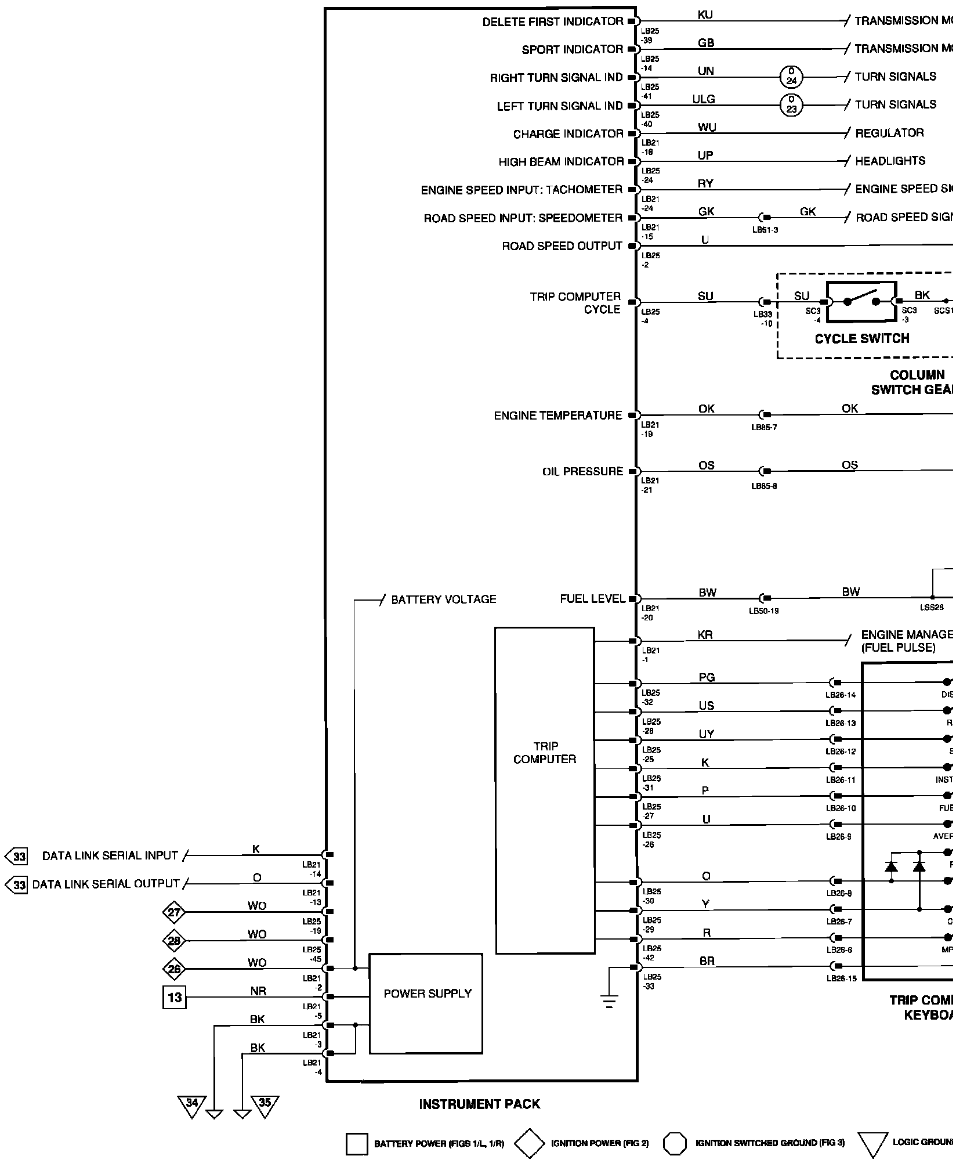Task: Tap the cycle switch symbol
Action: (861, 302)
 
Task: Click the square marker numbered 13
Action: (174, 998)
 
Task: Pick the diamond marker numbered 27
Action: (174, 913)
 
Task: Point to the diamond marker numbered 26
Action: (174, 969)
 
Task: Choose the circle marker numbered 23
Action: (791, 106)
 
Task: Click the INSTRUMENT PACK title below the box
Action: (479, 1104)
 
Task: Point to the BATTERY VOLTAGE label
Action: (444, 599)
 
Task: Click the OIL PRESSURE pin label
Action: (582, 472)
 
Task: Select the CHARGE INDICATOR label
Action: (568, 134)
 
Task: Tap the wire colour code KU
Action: (705, 15)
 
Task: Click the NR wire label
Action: (258, 991)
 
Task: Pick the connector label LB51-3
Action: (765, 230)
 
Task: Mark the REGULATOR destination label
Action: (889, 133)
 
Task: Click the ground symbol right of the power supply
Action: (609, 1003)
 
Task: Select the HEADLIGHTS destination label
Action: (890, 161)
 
